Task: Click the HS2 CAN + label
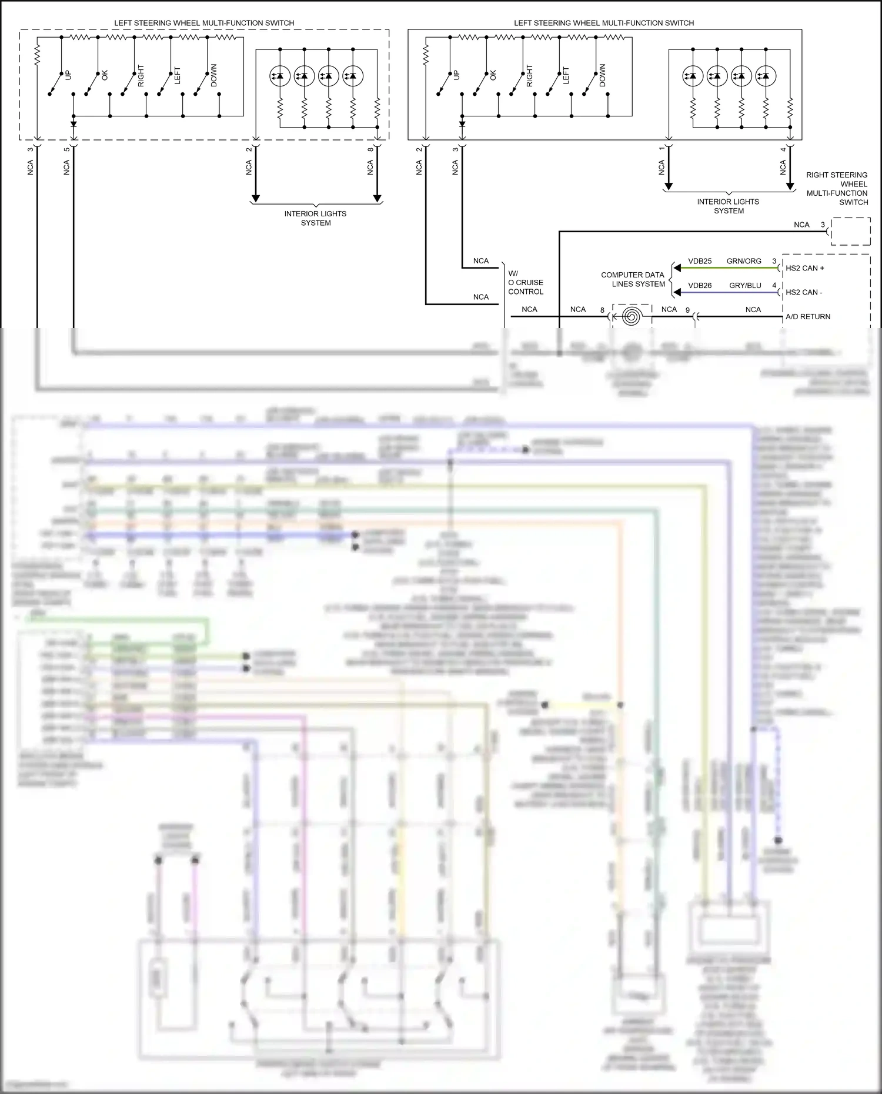click(x=804, y=268)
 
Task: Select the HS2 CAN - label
click(x=804, y=292)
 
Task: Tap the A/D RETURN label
click(x=808, y=317)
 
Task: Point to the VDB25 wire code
click(x=700, y=261)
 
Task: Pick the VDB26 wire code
click(x=700, y=286)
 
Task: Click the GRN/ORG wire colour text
click(x=744, y=261)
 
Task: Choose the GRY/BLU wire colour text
click(x=745, y=286)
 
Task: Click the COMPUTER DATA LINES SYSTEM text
click(x=633, y=279)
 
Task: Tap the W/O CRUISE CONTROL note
click(x=525, y=282)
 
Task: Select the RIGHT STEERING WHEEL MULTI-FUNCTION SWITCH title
click(x=837, y=189)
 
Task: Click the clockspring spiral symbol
click(x=632, y=317)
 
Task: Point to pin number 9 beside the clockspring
click(x=687, y=310)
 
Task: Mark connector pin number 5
click(x=66, y=149)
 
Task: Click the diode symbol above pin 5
click(x=73, y=125)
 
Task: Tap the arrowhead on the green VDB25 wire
click(x=677, y=268)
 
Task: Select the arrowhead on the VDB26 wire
click(x=677, y=292)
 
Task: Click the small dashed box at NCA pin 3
click(x=850, y=231)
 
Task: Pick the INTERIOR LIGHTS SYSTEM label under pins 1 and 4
click(x=729, y=206)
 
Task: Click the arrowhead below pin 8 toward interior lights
click(x=377, y=198)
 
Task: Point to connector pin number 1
click(x=661, y=149)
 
